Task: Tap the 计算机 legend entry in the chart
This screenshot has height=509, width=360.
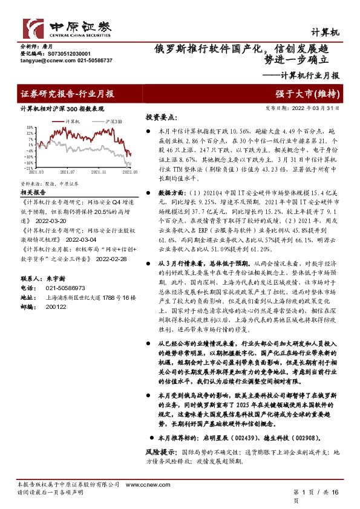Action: click(73, 122)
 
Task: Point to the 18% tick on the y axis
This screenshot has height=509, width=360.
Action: click(29, 127)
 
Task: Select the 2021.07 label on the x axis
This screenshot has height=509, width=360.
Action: click(75, 172)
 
